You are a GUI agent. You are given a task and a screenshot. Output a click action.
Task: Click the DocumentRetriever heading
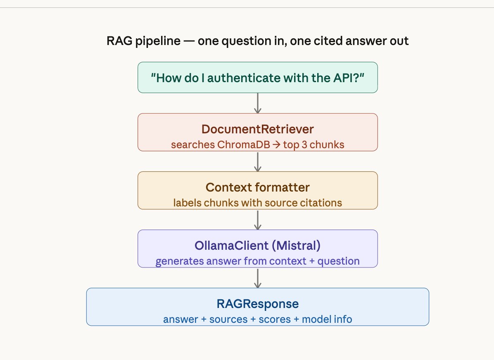point(257,129)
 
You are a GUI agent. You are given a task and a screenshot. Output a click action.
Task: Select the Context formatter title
point(257,187)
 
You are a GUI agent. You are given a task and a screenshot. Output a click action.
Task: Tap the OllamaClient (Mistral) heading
point(257,246)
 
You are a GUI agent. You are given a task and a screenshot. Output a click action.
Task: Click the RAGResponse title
point(257,304)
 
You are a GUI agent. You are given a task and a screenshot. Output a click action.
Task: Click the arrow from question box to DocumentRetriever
point(258,103)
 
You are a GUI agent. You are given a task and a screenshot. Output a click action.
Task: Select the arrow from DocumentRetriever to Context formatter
point(258,161)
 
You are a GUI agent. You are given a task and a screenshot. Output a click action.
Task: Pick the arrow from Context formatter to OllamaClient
point(258,220)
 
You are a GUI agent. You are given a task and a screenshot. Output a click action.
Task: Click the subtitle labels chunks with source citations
point(257,203)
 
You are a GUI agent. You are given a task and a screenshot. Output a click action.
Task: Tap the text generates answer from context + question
point(257,261)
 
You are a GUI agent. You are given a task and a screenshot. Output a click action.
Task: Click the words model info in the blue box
point(327,319)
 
